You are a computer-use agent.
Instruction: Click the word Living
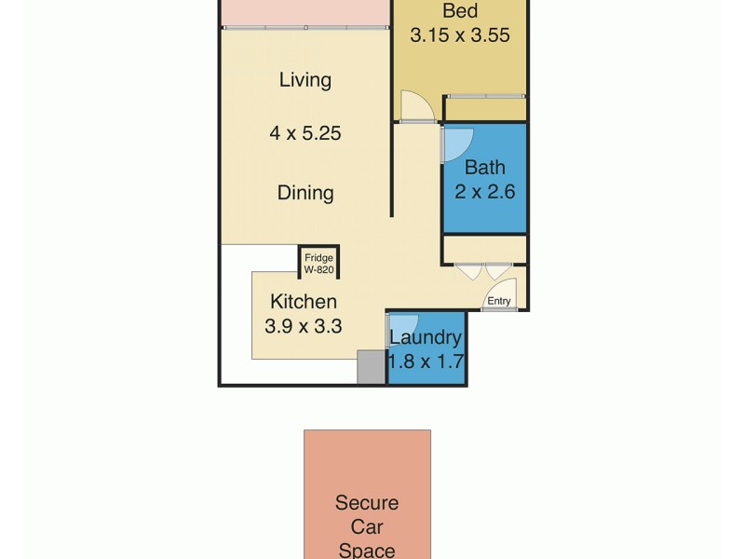point(305,80)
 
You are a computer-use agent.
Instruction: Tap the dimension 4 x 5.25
point(305,133)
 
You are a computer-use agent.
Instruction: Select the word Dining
point(305,193)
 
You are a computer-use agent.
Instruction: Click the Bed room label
point(460,11)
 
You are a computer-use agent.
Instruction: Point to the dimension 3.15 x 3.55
point(460,36)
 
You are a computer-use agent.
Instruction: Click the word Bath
point(484,168)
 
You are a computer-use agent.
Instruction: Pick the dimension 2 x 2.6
point(484,193)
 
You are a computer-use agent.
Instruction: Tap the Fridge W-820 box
point(318,262)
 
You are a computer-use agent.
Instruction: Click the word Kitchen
point(304,302)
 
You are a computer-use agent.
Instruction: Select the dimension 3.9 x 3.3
point(304,327)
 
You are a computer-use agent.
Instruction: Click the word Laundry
point(426,337)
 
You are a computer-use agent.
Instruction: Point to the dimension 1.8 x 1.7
point(426,361)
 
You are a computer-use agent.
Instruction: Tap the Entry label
point(499,300)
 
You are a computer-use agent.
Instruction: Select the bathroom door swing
point(457,142)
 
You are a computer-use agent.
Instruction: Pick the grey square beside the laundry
point(371,367)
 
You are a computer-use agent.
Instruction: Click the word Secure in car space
point(367,503)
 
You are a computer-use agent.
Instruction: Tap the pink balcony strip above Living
point(305,12)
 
